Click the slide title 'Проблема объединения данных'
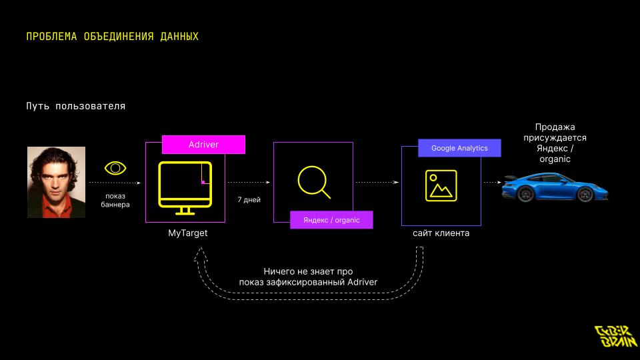click(112, 36)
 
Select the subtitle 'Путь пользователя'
click(76, 106)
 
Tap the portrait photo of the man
click(56, 182)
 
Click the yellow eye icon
click(115, 168)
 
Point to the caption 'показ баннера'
click(115, 200)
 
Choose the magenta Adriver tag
click(203, 145)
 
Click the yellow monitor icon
click(185, 187)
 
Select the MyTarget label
click(187, 233)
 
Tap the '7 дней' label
click(249, 199)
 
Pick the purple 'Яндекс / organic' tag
click(331, 219)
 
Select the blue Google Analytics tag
click(459, 148)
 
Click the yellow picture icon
click(441, 185)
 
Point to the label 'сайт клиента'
click(441, 233)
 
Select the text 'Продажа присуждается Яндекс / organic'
click(555, 143)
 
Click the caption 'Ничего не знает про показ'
click(308, 277)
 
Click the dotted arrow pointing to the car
click(492, 182)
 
